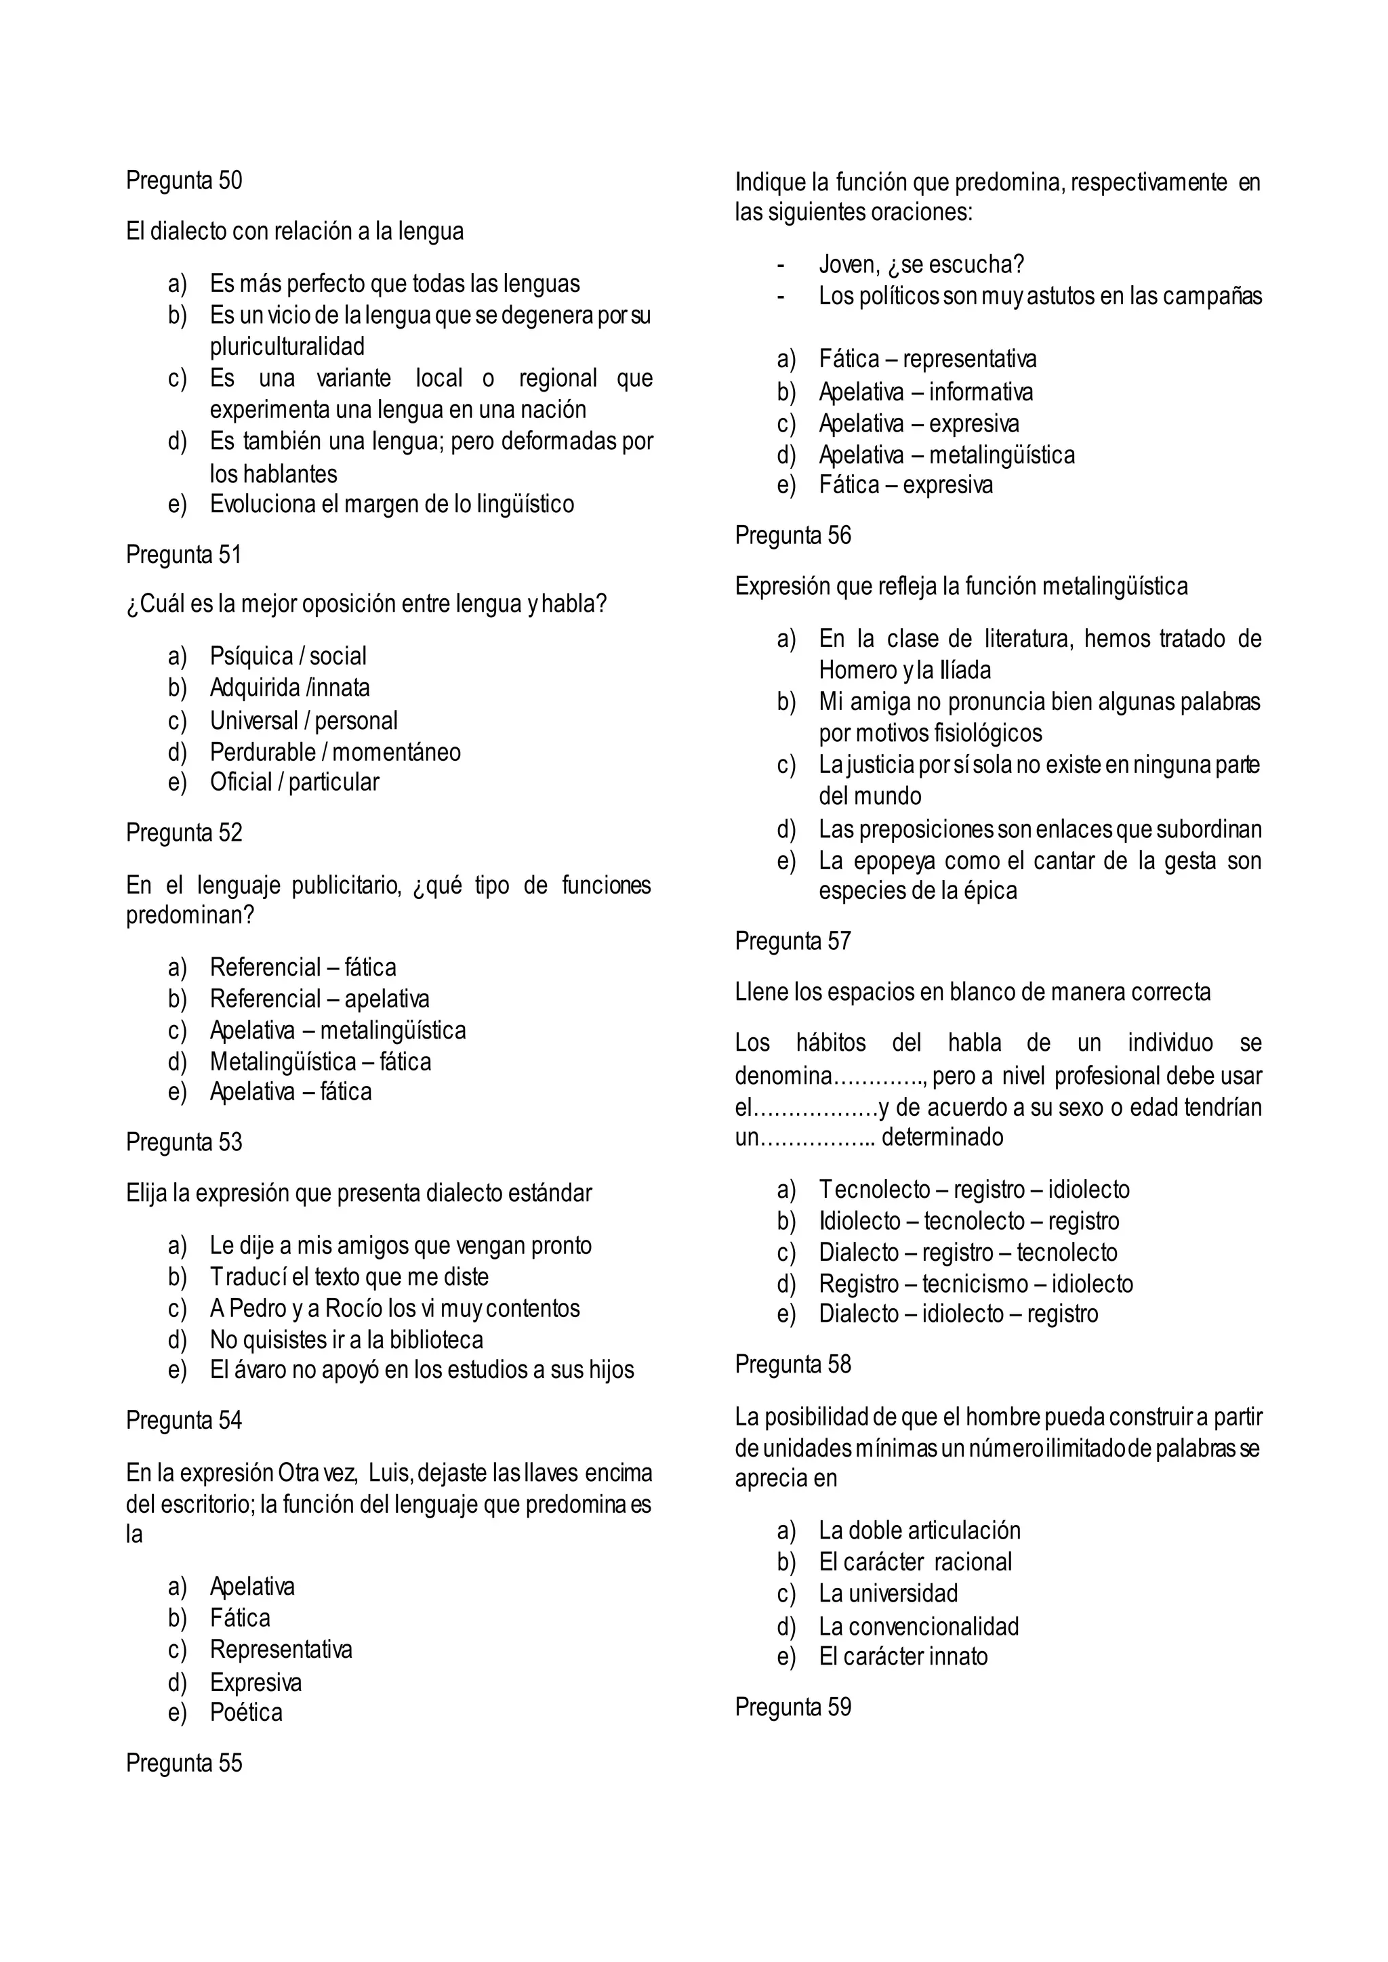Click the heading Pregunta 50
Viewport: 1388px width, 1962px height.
[184, 180]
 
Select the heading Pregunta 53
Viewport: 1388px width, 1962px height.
[184, 1142]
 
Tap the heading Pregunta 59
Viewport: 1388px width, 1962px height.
[792, 1707]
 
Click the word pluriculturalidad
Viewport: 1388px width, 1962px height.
[287, 346]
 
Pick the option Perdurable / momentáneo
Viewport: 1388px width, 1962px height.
[335, 752]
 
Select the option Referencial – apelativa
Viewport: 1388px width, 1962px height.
[320, 998]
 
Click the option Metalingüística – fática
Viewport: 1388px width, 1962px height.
[321, 1062]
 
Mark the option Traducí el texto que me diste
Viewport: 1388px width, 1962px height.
[349, 1276]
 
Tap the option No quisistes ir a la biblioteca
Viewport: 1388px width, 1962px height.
[346, 1339]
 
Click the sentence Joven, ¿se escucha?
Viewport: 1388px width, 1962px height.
[920, 265]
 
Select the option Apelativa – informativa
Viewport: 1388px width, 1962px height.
[926, 392]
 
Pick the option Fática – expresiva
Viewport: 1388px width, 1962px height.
[906, 484]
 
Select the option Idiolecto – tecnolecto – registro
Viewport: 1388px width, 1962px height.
[968, 1220]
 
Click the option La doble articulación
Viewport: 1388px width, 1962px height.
[920, 1530]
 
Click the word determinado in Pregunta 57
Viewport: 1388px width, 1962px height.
[942, 1137]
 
